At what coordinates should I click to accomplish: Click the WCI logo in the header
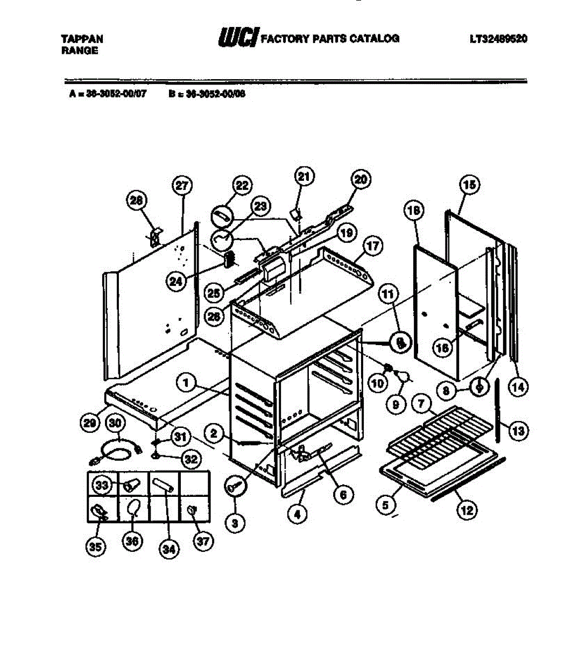237,38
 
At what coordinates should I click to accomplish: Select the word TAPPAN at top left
82,39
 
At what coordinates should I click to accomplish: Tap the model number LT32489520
498,39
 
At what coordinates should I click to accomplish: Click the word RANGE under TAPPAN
80,51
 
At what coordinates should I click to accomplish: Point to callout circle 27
181,186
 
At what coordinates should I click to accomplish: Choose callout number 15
469,185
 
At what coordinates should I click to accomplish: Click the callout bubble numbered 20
361,179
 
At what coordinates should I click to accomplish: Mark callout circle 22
242,186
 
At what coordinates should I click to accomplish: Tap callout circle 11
389,294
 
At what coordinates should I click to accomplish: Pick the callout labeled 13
518,430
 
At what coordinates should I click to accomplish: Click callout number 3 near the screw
235,522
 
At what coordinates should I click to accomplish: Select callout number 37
202,541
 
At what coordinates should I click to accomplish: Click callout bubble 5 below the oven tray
385,505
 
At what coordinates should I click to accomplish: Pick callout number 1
186,383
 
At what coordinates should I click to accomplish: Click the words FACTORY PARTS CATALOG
330,38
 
